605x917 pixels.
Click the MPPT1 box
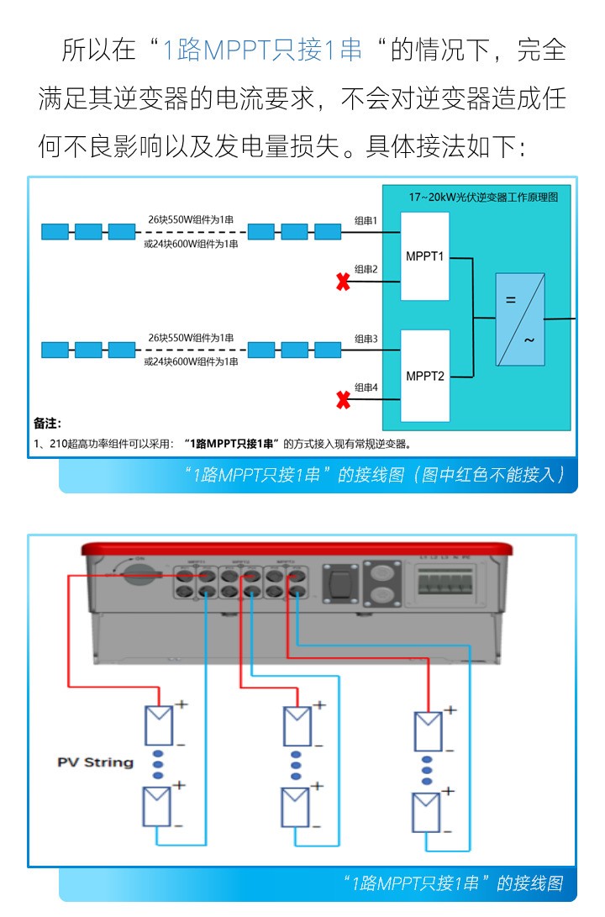[x=424, y=256]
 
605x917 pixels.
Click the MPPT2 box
[x=424, y=375]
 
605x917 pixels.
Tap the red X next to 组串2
[x=343, y=282]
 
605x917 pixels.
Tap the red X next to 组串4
[x=343, y=400]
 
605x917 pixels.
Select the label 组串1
[x=366, y=220]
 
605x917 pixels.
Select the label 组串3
[x=366, y=339]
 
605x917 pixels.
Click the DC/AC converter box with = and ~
[x=519, y=319]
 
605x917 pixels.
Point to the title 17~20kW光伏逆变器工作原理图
[x=483, y=197]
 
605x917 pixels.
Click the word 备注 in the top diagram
[x=47, y=423]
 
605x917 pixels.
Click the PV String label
[x=95, y=762]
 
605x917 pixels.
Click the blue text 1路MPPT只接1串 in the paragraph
[x=261, y=50]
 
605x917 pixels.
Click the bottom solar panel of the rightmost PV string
[x=427, y=811]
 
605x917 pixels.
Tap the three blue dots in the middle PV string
[x=296, y=765]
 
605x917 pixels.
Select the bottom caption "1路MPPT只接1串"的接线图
[x=454, y=883]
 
